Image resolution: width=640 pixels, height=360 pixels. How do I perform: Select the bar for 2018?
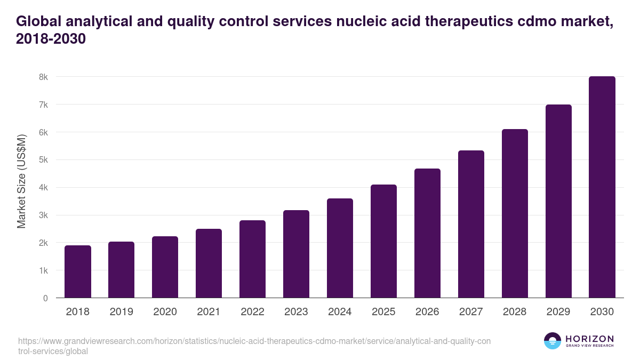pyautogui.click(x=78, y=271)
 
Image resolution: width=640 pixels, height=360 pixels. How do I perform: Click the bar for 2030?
pyautogui.click(x=602, y=187)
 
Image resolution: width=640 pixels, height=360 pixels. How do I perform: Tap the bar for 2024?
pyautogui.click(x=340, y=248)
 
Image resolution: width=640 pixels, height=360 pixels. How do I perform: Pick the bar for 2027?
pyautogui.click(x=471, y=224)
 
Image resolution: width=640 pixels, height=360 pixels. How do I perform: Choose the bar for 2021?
pyautogui.click(x=209, y=263)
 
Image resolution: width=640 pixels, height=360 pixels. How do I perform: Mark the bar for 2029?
pyautogui.click(x=558, y=201)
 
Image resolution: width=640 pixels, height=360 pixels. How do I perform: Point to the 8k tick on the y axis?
pyautogui.click(x=43, y=77)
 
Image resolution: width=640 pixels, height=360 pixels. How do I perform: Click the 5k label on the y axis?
pyautogui.click(x=43, y=160)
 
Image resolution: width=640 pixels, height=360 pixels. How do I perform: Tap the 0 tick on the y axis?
pyautogui.click(x=45, y=298)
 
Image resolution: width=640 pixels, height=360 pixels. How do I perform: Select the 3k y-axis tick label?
pyautogui.click(x=43, y=215)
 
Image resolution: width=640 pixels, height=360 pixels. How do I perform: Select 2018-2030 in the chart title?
pyautogui.click(x=51, y=39)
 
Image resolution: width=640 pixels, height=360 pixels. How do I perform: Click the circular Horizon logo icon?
pyautogui.click(x=553, y=341)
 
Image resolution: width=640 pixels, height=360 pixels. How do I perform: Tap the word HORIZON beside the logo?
pyautogui.click(x=589, y=339)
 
